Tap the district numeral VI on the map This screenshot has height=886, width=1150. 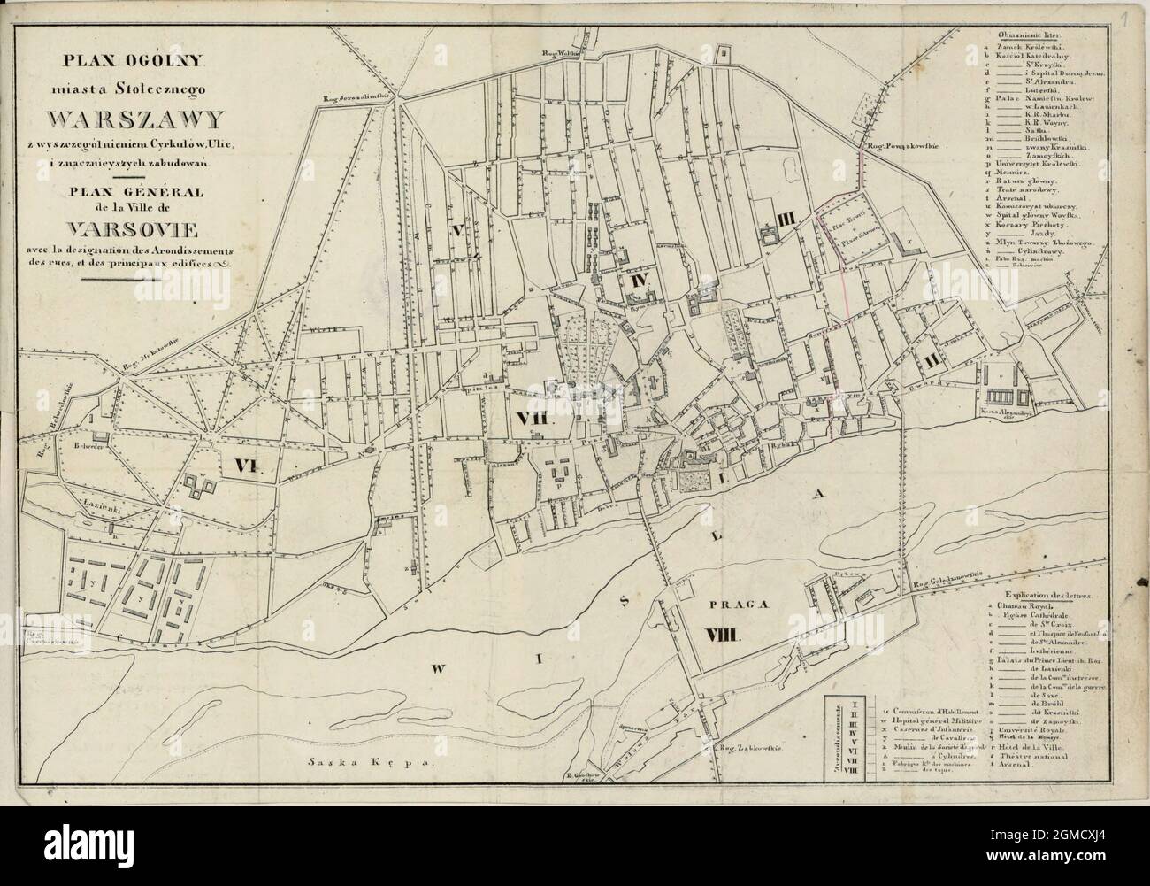tap(249, 466)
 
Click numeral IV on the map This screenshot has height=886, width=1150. tap(640, 281)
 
